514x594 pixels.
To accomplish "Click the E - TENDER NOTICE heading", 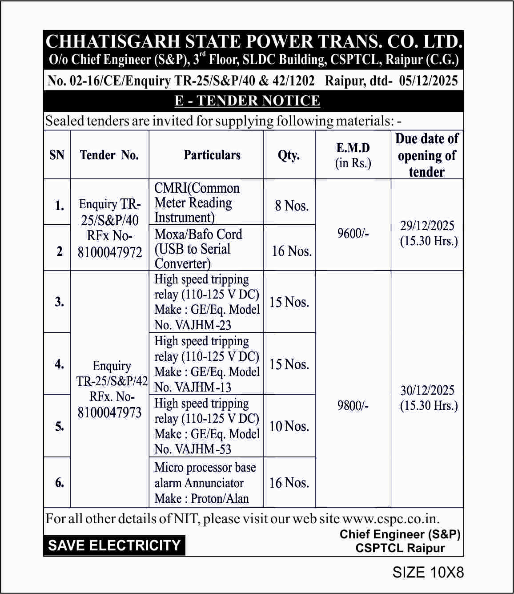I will pyautogui.click(x=247, y=101).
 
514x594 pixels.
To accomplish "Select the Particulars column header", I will pyautogui.click(x=212, y=155).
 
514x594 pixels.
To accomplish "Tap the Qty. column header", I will pyautogui.click(x=289, y=155).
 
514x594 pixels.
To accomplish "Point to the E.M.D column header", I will pyautogui.click(x=353, y=148).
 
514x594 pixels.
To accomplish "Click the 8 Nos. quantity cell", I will pyautogui.click(x=291, y=206).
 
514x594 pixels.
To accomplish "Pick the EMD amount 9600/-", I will pyautogui.click(x=353, y=233).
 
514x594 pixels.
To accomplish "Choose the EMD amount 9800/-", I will pyautogui.click(x=353, y=405).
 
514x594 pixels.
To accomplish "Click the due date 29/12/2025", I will pyautogui.click(x=427, y=226).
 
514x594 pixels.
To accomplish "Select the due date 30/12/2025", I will pyautogui.click(x=427, y=390).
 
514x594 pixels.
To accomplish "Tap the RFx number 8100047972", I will pyautogui.click(x=110, y=252).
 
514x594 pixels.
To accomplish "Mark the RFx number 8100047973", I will pyautogui.click(x=109, y=412).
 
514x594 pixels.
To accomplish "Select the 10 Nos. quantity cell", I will pyautogui.click(x=289, y=426).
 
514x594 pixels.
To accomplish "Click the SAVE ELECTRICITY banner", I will pyautogui.click(x=114, y=546).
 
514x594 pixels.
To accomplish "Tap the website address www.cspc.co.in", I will pyautogui.click(x=390, y=519).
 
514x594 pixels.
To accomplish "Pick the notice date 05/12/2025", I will pyautogui.click(x=428, y=81).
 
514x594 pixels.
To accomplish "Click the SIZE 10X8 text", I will pyautogui.click(x=428, y=572).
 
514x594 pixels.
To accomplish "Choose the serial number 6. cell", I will pyautogui.click(x=60, y=482).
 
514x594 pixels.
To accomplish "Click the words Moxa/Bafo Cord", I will pyautogui.click(x=198, y=234).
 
